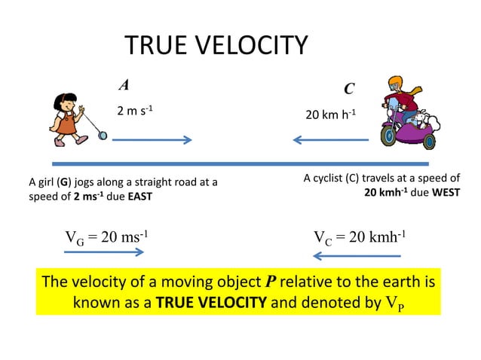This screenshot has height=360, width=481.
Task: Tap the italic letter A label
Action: pyautogui.click(x=124, y=84)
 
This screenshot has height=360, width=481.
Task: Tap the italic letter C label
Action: pyautogui.click(x=349, y=89)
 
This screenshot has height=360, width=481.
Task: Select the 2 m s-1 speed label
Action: pyautogui.click(x=135, y=111)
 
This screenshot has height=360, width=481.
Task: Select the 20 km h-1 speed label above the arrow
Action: pyautogui.click(x=330, y=115)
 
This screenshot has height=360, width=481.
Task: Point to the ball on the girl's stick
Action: pyautogui.click(x=103, y=136)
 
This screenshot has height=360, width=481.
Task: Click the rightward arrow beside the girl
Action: pyautogui.click(x=152, y=140)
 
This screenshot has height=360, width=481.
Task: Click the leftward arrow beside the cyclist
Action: pyautogui.click(x=329, y=139)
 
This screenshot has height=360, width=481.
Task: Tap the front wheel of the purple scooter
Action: pyautogui.click(x=388, y=136)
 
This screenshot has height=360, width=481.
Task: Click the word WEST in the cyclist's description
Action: pyautogui.click(x=446, y=192)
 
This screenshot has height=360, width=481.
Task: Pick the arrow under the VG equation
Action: pyautogui.click(x=104, y=252)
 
